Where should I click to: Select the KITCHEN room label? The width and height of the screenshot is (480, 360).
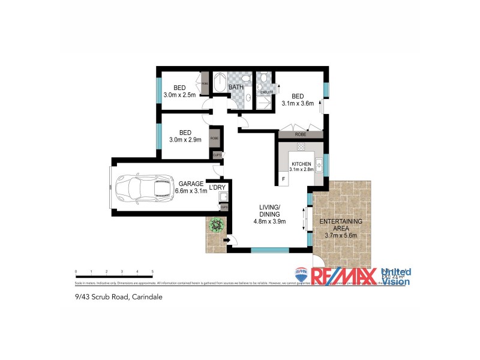301,166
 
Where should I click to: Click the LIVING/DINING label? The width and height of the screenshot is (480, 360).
269,214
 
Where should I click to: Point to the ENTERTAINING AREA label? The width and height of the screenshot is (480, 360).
340,228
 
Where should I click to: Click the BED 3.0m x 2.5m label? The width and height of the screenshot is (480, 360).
180,90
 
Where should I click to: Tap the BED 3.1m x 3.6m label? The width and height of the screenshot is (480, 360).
298,99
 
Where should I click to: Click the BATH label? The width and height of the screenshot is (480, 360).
236,88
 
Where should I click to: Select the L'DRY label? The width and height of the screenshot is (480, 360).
217,187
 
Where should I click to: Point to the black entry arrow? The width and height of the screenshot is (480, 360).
226,241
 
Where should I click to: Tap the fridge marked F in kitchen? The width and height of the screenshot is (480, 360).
283,179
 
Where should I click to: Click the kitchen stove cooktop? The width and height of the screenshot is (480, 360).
301,146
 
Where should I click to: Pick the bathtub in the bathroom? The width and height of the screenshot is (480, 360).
219,85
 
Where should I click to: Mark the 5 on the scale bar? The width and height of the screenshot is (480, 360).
152,272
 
